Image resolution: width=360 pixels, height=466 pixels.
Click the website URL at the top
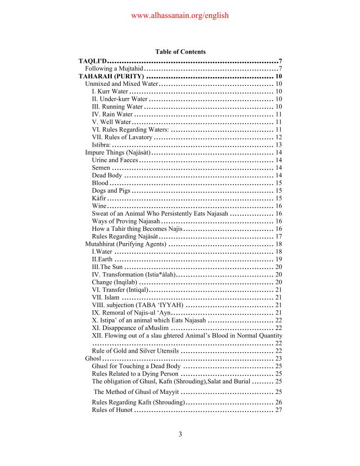tap(179, 15)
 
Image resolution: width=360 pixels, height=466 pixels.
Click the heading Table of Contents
tap(180, 52)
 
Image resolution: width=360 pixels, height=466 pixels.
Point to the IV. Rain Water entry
tap(112, 114)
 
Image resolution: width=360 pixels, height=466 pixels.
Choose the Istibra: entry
tap(101, 145)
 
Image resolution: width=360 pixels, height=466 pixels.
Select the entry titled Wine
tap(99, 205)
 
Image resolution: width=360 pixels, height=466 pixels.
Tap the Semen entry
tap(101, 167)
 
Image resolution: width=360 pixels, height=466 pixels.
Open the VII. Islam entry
tap(105, 297)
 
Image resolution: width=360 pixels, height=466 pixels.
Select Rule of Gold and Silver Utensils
tap(135, 351)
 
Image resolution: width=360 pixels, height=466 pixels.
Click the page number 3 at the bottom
tap(180, 435)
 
